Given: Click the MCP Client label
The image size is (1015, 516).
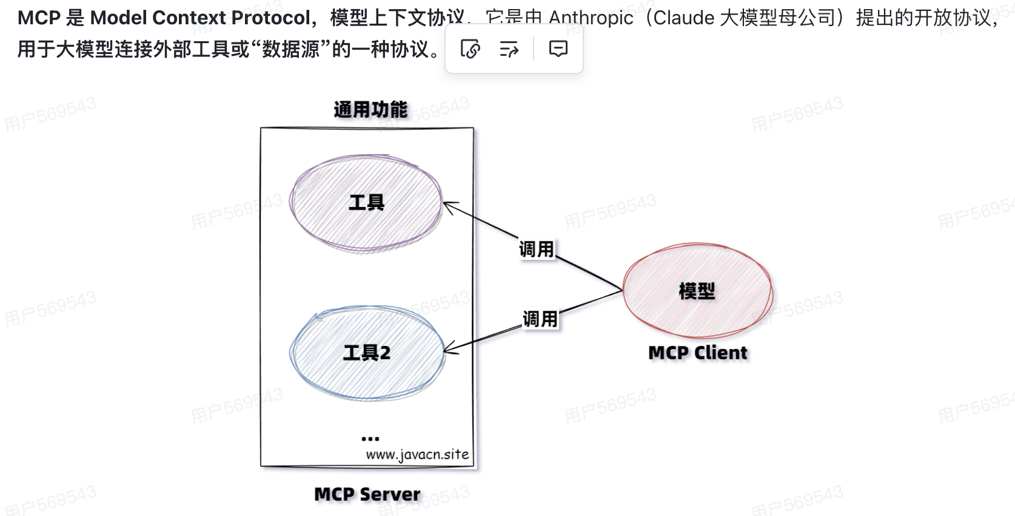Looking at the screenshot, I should [x=698, y=353].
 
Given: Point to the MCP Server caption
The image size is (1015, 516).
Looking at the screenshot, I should [x=367, y=494].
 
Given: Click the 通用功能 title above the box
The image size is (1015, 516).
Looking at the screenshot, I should [x=370, y=109].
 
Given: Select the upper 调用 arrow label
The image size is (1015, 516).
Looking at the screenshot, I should [x=537, y=249].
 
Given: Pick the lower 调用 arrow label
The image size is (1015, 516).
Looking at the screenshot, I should [x=540, y=319].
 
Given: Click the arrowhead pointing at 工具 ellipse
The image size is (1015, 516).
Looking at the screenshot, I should [x=449, y=206].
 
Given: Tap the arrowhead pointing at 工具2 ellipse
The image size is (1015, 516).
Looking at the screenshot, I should [x=449, y=350].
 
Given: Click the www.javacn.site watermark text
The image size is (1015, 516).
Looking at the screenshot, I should [x=417, y=455].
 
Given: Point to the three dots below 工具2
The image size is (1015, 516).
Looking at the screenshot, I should [x=370, y=438].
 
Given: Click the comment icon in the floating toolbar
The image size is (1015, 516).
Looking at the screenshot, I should [x=558, y=49].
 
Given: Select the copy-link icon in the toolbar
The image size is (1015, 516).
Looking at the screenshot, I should [x=471, y=49].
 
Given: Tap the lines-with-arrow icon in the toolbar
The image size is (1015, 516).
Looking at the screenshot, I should [x=509, y=49].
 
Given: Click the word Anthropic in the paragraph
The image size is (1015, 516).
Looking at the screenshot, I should [x=591, y=18].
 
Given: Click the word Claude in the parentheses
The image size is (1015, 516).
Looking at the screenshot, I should [x=684, y=18].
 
